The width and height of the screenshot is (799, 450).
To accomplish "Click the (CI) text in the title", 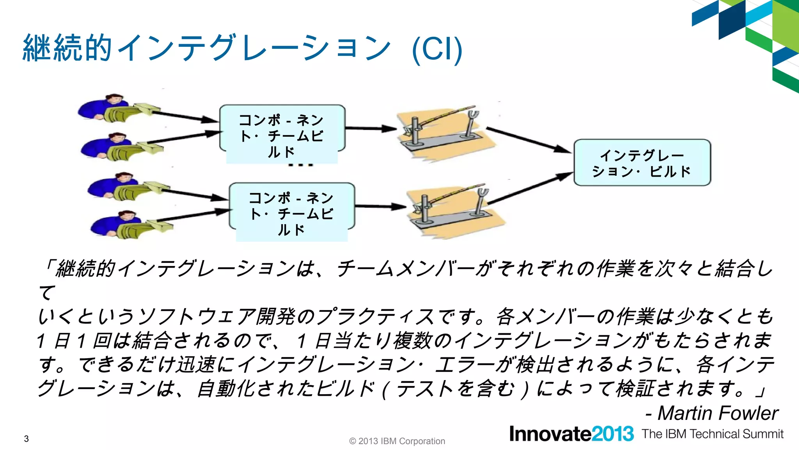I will point(437,50).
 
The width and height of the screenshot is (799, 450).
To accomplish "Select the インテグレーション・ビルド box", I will point(642,162).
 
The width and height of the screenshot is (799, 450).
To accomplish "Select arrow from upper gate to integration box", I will point(529,139).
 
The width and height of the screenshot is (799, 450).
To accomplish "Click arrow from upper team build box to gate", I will point(371,128).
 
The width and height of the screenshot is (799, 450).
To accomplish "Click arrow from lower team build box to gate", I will point(380,206).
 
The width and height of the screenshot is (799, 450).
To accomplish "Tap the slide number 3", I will point(26,439).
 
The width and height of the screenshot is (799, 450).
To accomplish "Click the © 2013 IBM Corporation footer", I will point(397,441).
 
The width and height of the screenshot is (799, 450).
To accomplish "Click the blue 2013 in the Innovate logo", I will point(613,434).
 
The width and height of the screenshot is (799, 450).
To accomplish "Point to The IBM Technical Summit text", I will point(712,434).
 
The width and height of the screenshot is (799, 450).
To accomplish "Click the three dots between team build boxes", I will point(300,165).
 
